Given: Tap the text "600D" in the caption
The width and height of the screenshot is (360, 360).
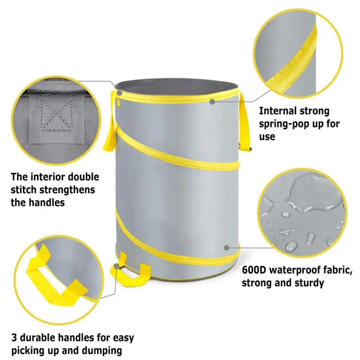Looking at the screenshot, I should pos(254,270).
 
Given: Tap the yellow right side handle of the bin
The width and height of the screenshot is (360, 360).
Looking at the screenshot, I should pos(245,120).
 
